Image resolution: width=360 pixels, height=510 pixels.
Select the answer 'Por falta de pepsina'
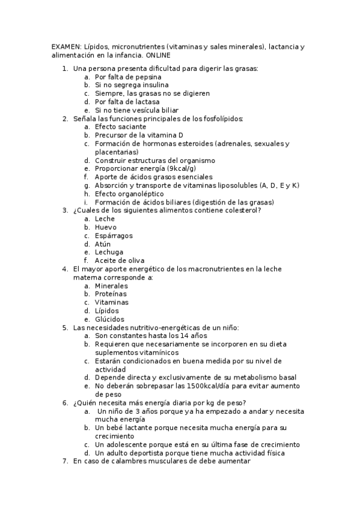[127, 77]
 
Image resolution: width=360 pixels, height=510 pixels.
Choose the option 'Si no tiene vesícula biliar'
[137, 110]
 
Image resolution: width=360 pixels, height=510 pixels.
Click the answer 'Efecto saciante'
[120, 127]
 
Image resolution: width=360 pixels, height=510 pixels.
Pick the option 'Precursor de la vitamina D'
[139, 135]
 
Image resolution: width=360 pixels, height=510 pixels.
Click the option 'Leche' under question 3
[105, 219]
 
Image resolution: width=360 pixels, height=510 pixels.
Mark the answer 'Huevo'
[106, 227]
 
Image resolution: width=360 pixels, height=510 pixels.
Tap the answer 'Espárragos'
[114, 236]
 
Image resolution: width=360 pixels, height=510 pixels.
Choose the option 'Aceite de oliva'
[120, 260]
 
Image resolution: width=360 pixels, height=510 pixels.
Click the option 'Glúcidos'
[109, 319]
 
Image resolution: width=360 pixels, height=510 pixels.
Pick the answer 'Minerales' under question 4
[111, 286]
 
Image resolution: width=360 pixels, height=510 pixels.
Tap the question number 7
[65, 461]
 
